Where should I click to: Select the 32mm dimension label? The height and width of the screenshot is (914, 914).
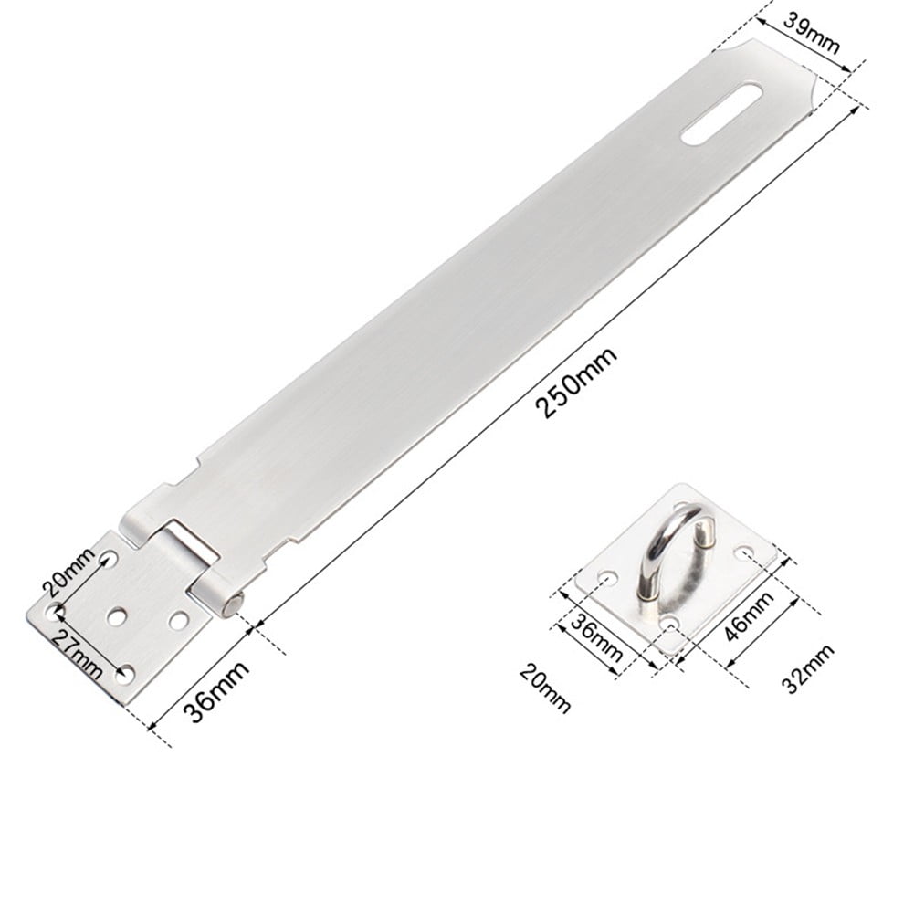click(x=808, y=669)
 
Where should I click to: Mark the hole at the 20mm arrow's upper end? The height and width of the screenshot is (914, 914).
click(x=110, y=558)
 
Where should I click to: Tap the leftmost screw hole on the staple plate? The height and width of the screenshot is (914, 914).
click(x=605, y=577)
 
